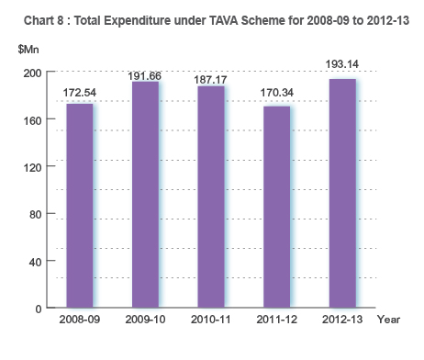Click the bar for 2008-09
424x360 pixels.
(x=79, y=206)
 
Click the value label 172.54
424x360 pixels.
(x=80, y=93)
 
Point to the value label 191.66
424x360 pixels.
(x=145, y=74)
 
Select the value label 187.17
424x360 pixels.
(x=211, y=80)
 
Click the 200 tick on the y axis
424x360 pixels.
(x=32, y=73)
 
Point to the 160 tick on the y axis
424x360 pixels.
(x=32, y=119)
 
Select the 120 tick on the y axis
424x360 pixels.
(x=32, y=167)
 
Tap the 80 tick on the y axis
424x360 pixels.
(x=35, y=214)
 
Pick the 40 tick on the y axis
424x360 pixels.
(x=35, y=262)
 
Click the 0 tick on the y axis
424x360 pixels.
(x=39, y=309)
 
